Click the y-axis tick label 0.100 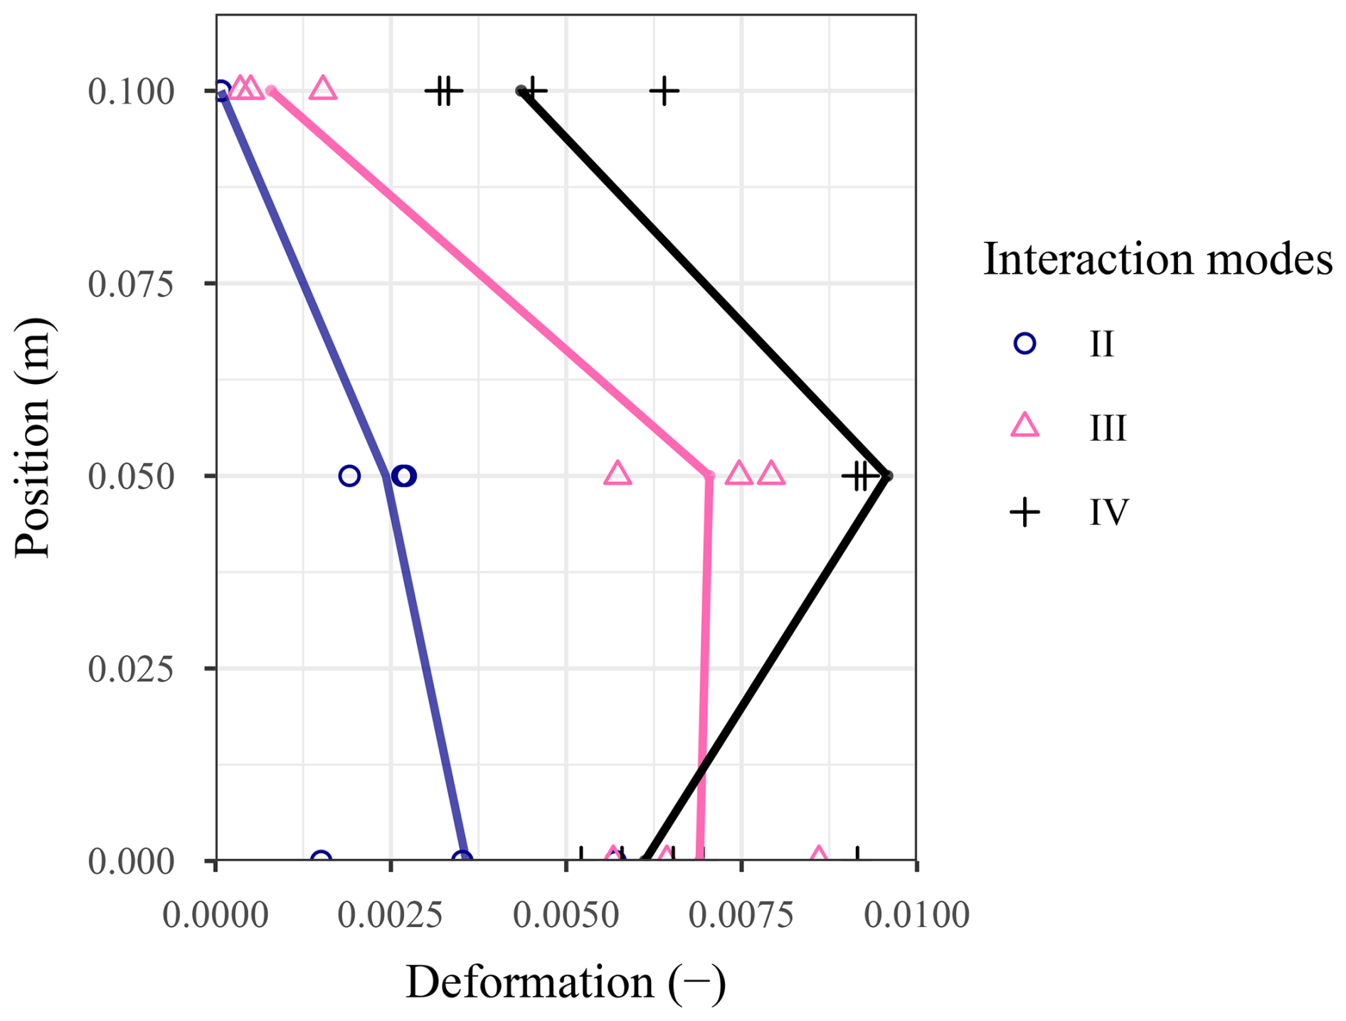click(131, 92)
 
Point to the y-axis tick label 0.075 click(131, 284)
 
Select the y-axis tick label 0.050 click(131, 476)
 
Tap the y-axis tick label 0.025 click(131, 669)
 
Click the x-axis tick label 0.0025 click(390, 915)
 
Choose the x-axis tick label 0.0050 click(566, 915)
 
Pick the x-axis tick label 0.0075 click(741, 915)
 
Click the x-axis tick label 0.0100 click(916, 915)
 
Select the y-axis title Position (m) click(33, 437)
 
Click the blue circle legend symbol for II click(1024, 344)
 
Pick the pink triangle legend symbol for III click(1024, 427)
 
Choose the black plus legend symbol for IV click(1024, 512)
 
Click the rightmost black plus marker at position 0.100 click(664, 91)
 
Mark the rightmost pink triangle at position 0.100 click(323, 89)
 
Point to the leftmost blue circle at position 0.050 click(349, 476)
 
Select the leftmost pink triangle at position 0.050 click(618, 474)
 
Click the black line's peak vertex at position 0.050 click(887, 476)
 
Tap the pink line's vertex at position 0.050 click(709, 476)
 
